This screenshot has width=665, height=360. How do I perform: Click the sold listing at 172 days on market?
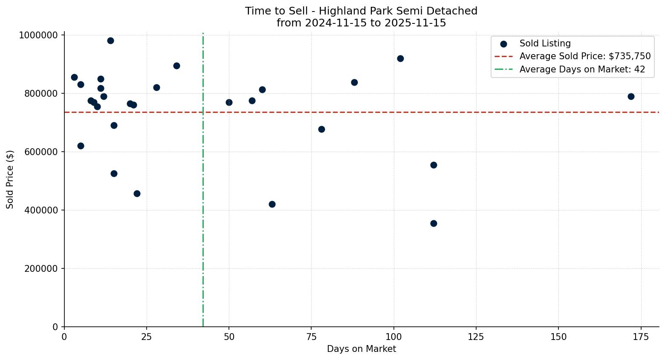click(631, 96)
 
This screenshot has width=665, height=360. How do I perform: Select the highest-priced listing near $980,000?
click(110, 41)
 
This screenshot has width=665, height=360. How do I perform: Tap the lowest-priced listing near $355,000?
click(434, 223)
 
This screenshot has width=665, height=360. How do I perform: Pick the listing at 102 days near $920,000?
click(400, 58)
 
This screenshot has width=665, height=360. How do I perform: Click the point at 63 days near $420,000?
click(272, 204)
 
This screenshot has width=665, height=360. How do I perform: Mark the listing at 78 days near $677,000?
click(321, 129)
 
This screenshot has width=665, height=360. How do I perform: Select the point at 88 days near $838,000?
click(354, 82)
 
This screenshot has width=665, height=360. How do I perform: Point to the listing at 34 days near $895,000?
click(176, 66)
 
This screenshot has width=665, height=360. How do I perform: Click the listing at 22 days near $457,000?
click(137, 193)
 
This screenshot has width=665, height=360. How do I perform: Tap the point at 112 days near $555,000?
click(434, 165)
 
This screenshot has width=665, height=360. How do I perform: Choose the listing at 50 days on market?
click(229, 102)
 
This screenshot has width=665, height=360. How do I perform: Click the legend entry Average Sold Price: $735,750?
click(585, 56)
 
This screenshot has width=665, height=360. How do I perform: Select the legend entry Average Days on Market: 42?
click(582, 69)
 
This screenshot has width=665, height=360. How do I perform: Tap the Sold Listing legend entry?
click(545, 43)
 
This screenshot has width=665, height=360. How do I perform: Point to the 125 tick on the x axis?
click(476, 337)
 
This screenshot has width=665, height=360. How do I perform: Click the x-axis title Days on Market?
click(361, 349)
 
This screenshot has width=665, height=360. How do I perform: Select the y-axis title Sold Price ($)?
click(10, 179)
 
